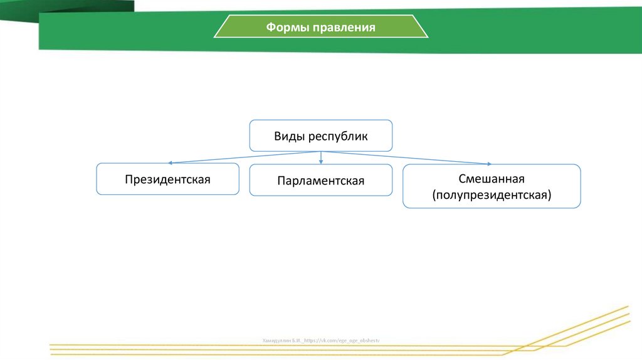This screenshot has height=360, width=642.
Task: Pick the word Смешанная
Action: pyautogui.click(x=491, y=179)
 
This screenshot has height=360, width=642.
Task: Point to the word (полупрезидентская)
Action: pyautogui.click(x=491, y=195)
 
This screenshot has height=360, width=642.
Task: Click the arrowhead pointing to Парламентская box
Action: pyautogui.click(x=321, y=162)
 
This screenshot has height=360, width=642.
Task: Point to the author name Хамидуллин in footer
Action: pyautogui.click(x=276, y=340)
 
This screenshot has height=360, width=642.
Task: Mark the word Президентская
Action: pyautogui.click(x=167, y=179)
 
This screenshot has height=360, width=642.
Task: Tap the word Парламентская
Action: pyautogui.click(x=321, y=181)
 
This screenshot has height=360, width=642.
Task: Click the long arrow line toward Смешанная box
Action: pyautogui.click(x=408, y=157)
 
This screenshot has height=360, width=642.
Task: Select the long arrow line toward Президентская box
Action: pyautogui.click(x=245, y=156)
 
